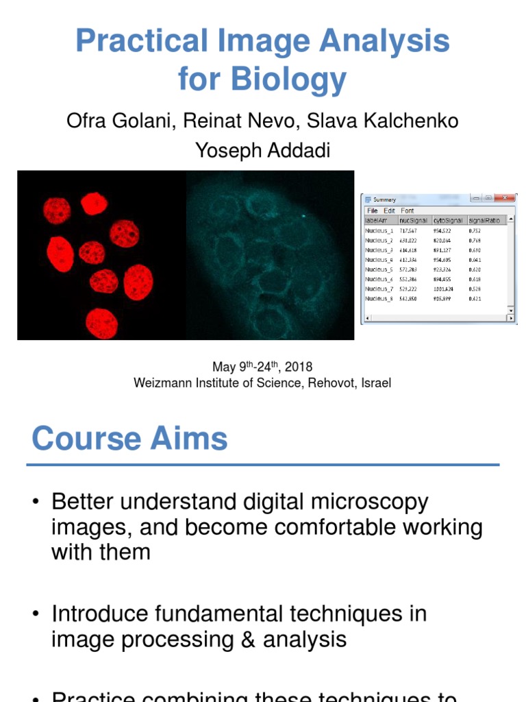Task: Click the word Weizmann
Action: point(160,383)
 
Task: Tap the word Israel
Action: point(375,383)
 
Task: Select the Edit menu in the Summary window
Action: point(389,210)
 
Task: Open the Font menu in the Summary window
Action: point(408,210)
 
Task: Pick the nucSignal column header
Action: point(413,220)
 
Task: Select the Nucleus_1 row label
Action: point(379,231)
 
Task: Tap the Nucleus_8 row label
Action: point(379,299)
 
